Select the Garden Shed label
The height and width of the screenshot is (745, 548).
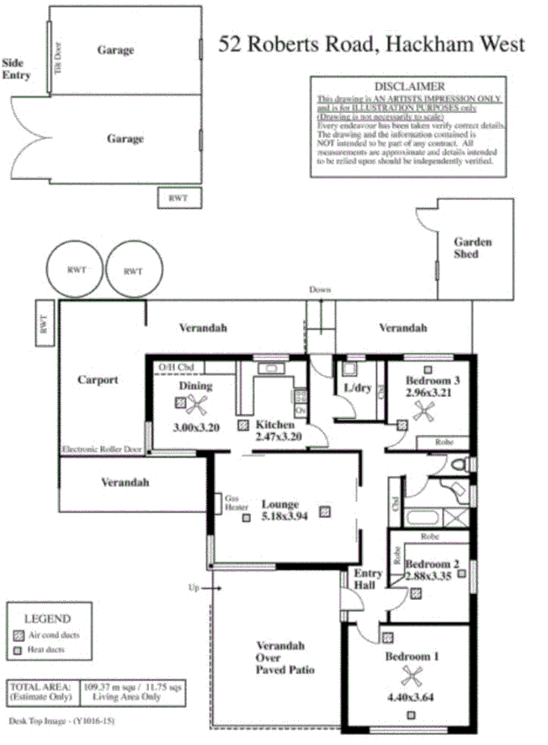(472, 248)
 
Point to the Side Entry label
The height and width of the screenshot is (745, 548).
(16, 69)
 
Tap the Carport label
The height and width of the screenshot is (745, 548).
(98, 379)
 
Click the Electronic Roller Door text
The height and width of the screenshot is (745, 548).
(100, 450)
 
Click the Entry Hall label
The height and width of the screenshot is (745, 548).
(366, 579)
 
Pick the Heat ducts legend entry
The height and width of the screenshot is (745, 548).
(46, 650)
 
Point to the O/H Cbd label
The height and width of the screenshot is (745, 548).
(173, 367)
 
